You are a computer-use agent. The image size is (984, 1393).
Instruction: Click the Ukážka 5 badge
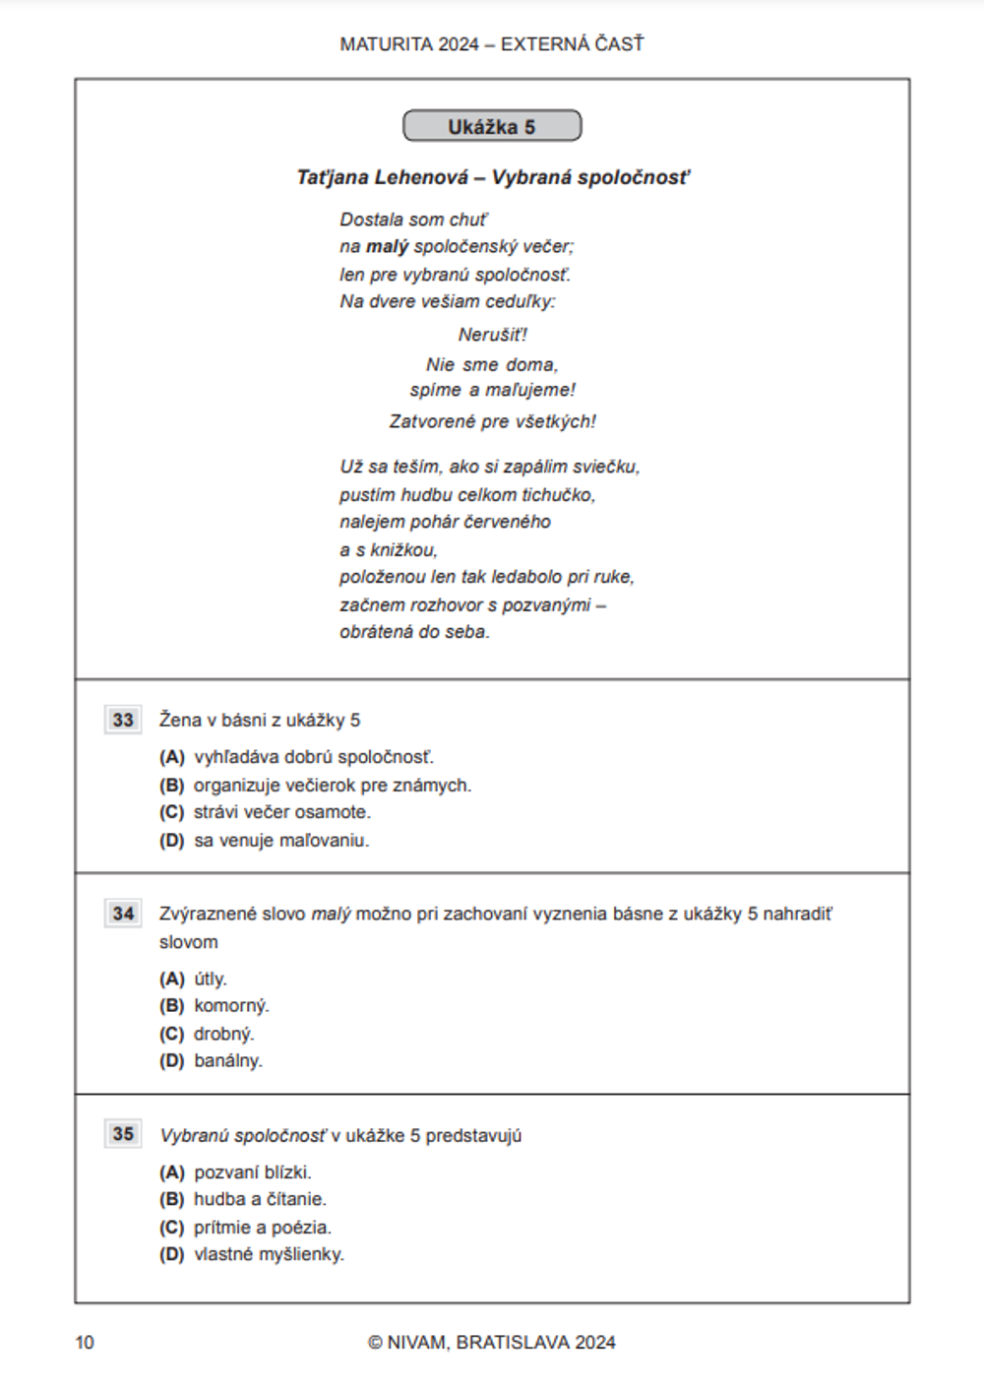[x=492, y=127]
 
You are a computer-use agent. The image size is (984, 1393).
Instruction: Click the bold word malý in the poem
[x=387, y=247]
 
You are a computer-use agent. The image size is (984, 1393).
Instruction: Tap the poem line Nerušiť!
[x=492, y=335]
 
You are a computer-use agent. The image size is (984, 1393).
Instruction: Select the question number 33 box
[x=123, y=720]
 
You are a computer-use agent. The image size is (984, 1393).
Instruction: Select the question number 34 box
[x=123, y=914]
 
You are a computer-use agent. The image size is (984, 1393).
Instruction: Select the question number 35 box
[x=123, y=1134]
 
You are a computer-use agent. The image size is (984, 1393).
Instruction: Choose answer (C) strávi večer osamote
[x=266, y=812]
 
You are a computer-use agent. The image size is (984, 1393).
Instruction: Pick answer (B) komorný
[x=215, y=1006]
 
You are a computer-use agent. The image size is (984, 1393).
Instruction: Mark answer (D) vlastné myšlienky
[x=253, y=1254]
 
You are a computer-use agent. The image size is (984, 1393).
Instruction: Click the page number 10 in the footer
[x=85, y=1342]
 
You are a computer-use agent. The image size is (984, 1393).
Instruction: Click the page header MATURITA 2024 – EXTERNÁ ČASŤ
[x=492, y=44]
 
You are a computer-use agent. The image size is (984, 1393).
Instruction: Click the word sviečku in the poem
[x=608, y=467]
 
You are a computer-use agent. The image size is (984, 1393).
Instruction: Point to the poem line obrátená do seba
[x=414, y=632]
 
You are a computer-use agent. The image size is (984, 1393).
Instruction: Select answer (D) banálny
[x=213, y=1061]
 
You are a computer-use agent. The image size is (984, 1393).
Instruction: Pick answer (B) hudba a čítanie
[x=244, y=1199]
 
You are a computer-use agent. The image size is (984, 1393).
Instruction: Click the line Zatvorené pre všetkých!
[x=492, y=421]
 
